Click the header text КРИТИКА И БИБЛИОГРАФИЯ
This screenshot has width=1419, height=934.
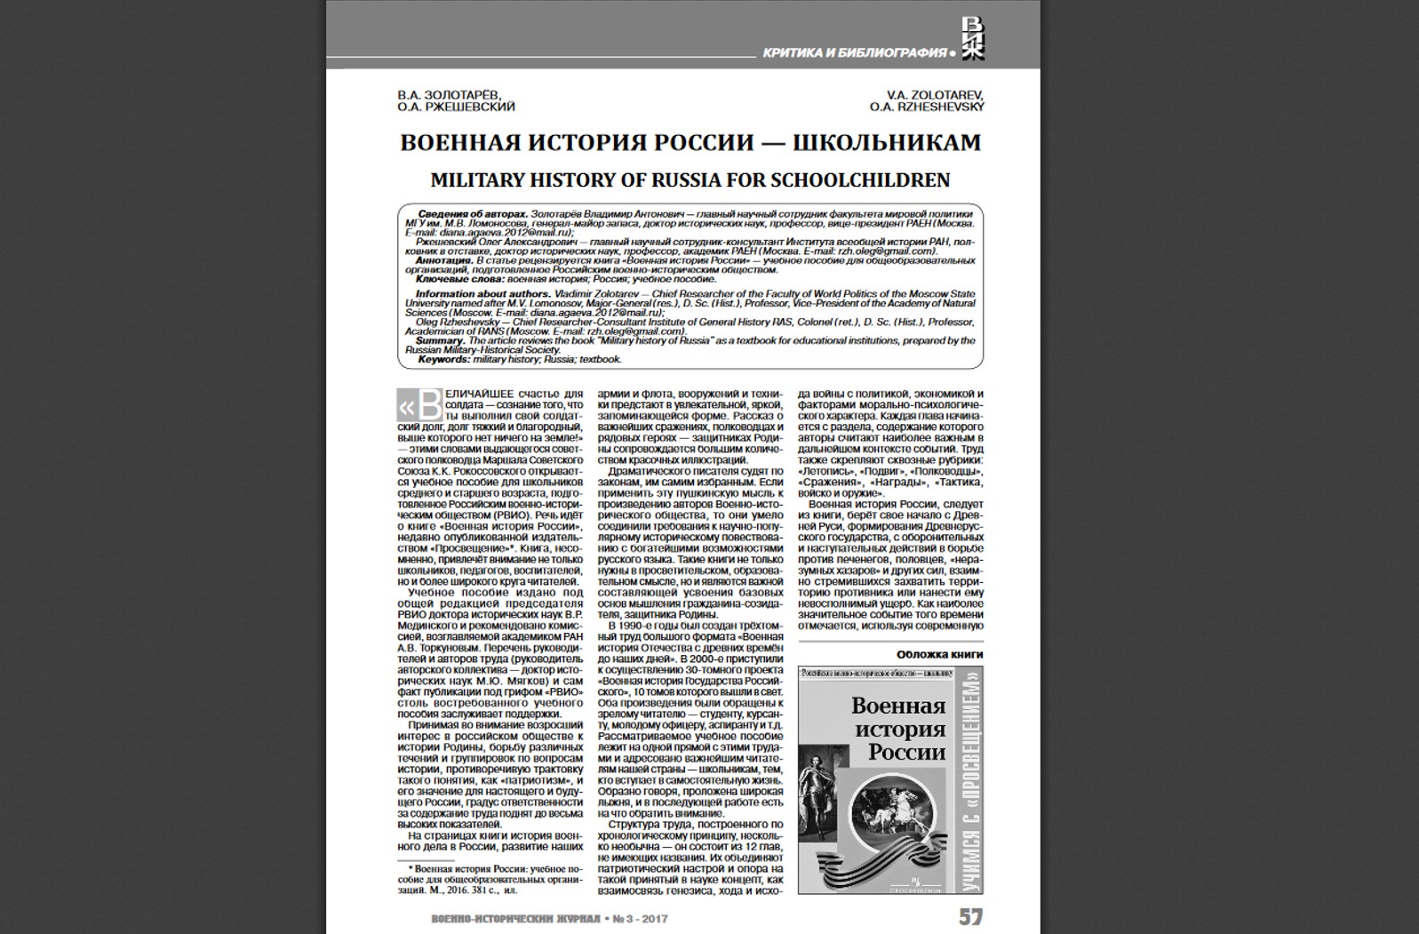[854, 53]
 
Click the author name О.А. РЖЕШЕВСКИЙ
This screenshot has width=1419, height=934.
[456, 107]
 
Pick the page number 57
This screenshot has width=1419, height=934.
[970, 916]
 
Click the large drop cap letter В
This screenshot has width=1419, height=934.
[428, 407]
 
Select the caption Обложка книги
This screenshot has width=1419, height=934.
[939, 654]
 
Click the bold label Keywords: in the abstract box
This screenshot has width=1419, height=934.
[443, 360]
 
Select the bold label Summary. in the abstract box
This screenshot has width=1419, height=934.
[440, 340]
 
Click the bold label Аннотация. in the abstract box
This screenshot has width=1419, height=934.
[445, 260]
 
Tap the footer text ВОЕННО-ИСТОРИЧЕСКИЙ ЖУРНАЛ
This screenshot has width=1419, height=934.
[514, 919]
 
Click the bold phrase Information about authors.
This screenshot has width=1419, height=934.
[482, 294]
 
